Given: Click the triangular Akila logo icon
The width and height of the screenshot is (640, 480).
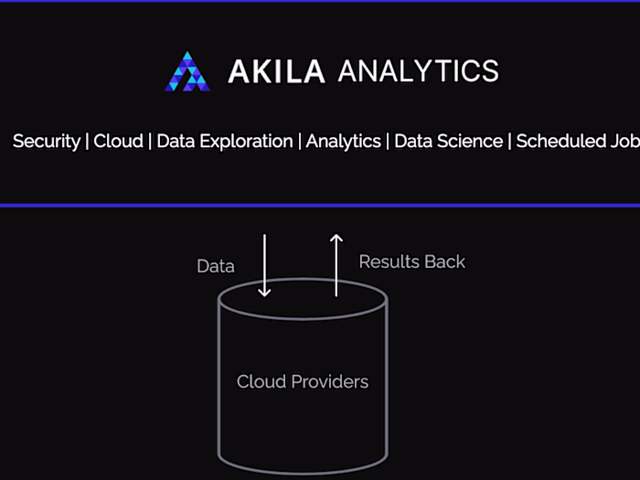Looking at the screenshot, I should point(187,71).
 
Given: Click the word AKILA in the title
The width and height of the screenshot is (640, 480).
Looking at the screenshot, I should point(276,71).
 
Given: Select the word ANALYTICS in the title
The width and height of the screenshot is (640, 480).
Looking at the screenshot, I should point(418,71).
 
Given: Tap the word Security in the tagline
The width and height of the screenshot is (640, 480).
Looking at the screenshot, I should point(46,142).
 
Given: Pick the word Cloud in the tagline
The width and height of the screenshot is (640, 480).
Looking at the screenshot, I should point(118,142).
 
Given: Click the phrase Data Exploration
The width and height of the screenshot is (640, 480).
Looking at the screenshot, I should point(224,142).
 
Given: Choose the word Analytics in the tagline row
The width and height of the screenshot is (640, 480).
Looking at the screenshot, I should point(343,142).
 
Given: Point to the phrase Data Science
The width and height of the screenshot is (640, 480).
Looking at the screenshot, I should point(448,142).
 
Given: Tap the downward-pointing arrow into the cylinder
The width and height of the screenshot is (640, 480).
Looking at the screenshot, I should point(264,265).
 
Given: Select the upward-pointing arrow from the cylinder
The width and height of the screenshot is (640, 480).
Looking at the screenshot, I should point(336,265).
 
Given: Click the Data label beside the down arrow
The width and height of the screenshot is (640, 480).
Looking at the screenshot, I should point(216,267).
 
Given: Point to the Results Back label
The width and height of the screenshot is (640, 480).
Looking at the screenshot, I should point(411,261).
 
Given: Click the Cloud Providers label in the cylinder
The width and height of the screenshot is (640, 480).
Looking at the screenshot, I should point(303,381).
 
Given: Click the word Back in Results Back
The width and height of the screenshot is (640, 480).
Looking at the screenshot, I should point(444,261).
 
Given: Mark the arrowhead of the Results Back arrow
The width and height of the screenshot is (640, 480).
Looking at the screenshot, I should point(336,240).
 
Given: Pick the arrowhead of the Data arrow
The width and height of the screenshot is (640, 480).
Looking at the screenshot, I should point(264,291).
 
